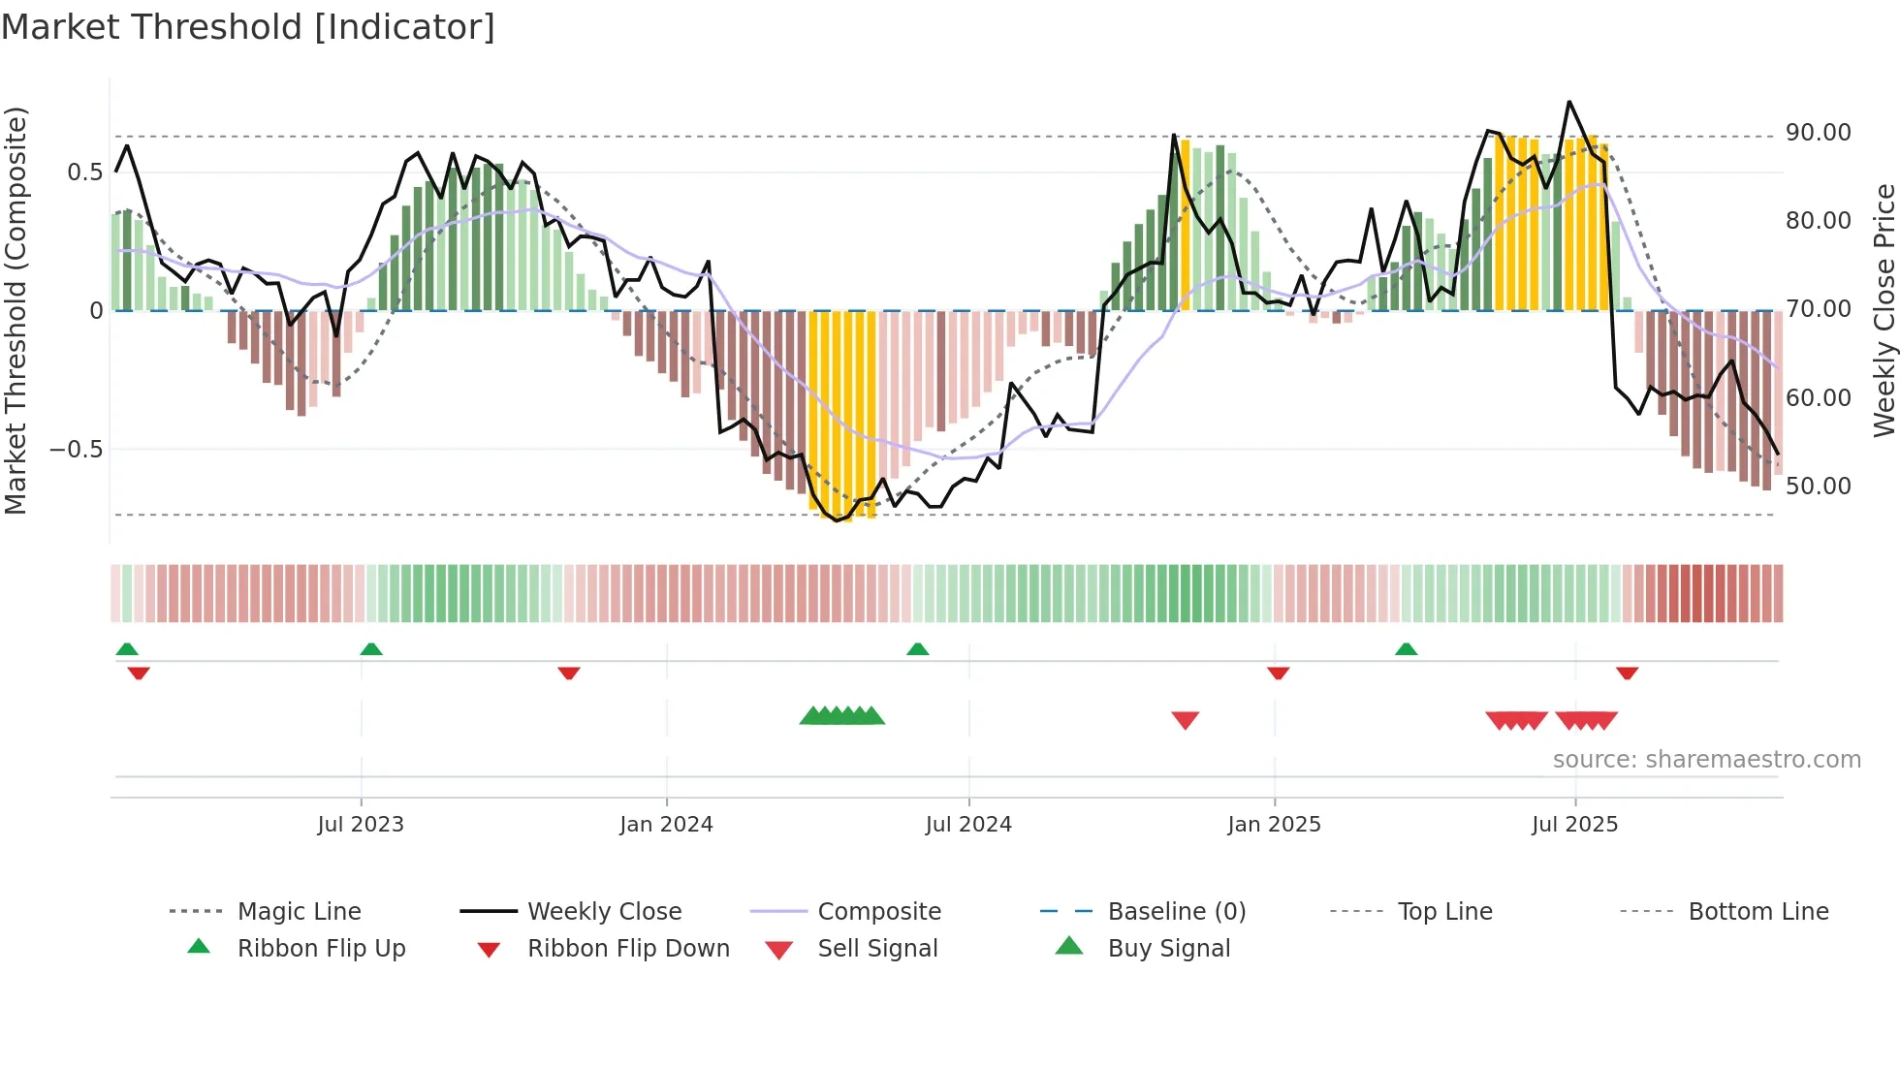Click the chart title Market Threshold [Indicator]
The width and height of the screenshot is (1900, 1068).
click(248, 27)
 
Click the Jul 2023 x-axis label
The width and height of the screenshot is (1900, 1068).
click(361, 825)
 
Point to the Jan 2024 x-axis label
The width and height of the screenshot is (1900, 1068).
click(666, 825)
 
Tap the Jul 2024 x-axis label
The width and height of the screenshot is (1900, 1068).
click(968, 825)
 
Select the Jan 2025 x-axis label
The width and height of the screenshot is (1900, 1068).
click(1274, 825)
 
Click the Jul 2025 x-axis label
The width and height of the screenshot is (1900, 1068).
click(1575, 825)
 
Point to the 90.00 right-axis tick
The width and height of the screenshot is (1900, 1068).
click(1818, 133)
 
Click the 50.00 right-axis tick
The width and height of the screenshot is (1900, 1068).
click(1818, 487)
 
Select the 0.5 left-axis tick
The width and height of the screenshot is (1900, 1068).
click(84, 173)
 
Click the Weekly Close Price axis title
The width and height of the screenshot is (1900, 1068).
click(1884, 310)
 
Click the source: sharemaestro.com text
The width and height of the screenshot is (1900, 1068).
click(1706, 760)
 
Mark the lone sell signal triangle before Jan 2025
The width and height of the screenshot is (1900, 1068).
click(1185, 719)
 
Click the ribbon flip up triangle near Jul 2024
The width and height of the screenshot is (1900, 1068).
click(917, 648)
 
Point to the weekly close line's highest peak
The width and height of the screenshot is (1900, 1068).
click(1569, 102)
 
